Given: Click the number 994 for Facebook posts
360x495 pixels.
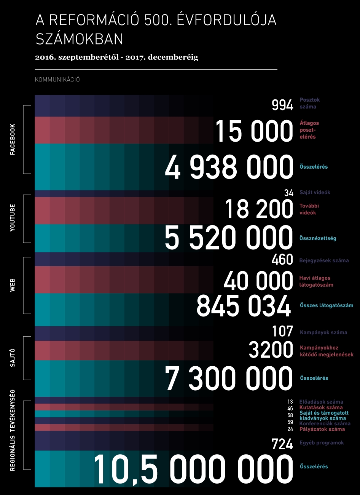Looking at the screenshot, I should pyautogui.click(x=282, y=105).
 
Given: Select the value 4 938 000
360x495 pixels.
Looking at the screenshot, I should pyautogui.click(x=229, y=168).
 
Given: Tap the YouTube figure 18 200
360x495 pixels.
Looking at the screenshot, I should pyautogui.click(x=259, y=209).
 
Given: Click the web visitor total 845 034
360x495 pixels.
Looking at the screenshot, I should pyautogui.click(x=244, y=306).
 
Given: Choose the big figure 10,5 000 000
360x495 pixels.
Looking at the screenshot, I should pyautogui.click(x=193, y=469).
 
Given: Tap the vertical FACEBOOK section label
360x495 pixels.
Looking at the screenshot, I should pyautogui.click(x=13, y=139).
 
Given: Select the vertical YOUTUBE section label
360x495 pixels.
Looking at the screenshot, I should pyautogui.click(x=13, y=218).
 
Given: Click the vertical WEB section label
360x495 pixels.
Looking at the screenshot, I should pyautogui.click(x=13, y=285).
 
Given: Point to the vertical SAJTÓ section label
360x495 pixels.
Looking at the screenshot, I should pyautogui.click(x=13, y=358).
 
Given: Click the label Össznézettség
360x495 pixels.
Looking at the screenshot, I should pyautogui.click(x=318, y=238).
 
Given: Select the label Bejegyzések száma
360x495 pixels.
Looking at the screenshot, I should pyautogui.click(x=324, y=260).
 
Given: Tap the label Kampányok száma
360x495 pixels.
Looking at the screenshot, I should pyautogui.click(x=323, y=332).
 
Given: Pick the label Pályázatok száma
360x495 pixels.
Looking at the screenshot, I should pyautogui.click(x=322, y=429).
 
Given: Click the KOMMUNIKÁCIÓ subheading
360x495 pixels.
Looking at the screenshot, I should pyautogui.click(x=57, y=80).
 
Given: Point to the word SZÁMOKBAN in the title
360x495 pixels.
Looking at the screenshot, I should pyautogui.click(x=79, y=39).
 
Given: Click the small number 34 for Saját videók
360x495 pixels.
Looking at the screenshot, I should pyautogui.click(x=289, y=193).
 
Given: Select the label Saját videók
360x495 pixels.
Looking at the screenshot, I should pyautogui.click(x=315, y=192).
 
